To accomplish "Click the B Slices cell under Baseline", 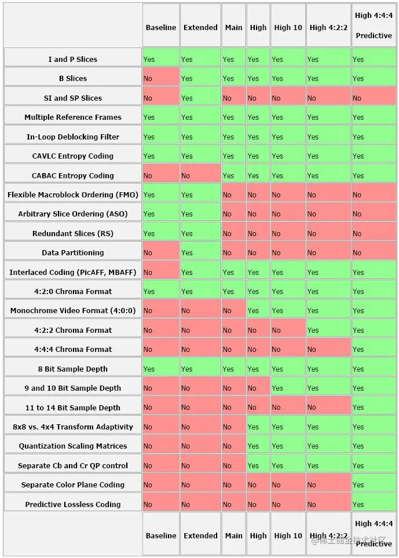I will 160,78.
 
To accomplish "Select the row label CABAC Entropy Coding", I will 73,175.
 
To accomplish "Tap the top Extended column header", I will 200,27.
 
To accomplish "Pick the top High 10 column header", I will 288,27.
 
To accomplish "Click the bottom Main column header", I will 233,535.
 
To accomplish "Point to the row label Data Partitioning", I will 73,252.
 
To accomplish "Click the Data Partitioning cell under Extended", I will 200,252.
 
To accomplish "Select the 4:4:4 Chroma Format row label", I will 73,349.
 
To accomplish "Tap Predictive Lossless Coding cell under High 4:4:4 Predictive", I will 374,504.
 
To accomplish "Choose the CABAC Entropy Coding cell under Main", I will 233,175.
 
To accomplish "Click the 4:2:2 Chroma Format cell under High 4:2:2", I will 328,330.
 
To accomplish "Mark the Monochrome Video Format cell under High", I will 258,310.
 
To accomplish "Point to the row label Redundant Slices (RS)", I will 73,233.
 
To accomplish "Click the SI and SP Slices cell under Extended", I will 200,98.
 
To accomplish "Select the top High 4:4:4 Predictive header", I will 374,25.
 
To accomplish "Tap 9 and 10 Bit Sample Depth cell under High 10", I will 288,388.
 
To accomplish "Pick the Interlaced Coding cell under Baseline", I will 160,272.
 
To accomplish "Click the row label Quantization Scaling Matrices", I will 73,446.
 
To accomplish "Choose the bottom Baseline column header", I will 161,535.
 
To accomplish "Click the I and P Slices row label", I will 73,59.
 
